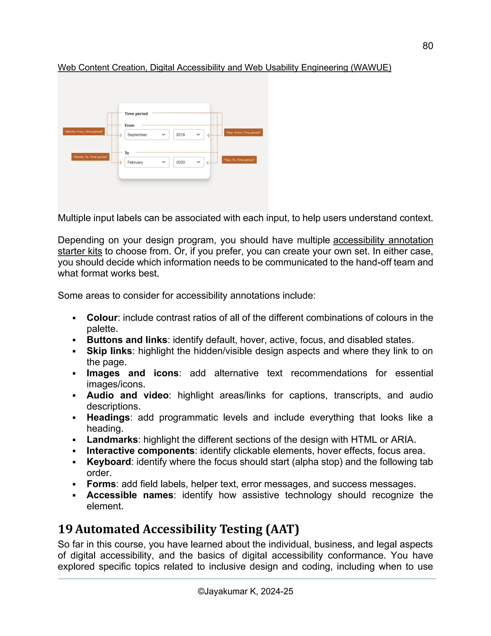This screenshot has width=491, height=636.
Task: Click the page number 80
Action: click(x=428, y=46)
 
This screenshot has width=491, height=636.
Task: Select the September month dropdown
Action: click(x=146, y=135)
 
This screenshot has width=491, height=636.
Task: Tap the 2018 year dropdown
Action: click(x=188, y=135)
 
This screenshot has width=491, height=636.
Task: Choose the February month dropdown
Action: click(x=146, y=162)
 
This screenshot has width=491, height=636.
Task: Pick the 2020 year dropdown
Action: click(x=188, y=162)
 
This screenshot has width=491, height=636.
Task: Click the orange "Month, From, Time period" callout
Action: click(x=84, y=132)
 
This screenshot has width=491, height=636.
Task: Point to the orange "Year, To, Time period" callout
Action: click(x=239, y=160)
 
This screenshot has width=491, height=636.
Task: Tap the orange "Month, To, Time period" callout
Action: click(x=90, y=157)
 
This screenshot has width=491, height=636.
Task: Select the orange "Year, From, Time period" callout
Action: click(x=243, y=132)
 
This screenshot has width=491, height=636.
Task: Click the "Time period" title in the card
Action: click(x=136, y=114)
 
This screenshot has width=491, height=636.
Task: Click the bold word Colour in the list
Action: click(x=102, y=318)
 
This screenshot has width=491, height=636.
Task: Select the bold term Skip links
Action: click(x=109, y=351)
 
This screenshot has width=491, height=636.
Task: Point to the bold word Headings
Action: click(x=108, y=418)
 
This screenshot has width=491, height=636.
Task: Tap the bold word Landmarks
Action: click(x=112, y=440)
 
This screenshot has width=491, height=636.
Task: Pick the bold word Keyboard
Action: click(x=109, y=462)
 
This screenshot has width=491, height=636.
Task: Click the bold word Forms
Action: click(x=101, y=484)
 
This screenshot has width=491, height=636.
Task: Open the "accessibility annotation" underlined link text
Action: click(x=383, y=240)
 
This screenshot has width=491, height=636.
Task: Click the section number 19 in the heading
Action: click(x=65, y=529)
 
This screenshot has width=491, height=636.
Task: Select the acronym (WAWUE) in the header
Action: click(x=371, y=68)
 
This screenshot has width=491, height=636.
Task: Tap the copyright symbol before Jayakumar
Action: click(x=201, y=591)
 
